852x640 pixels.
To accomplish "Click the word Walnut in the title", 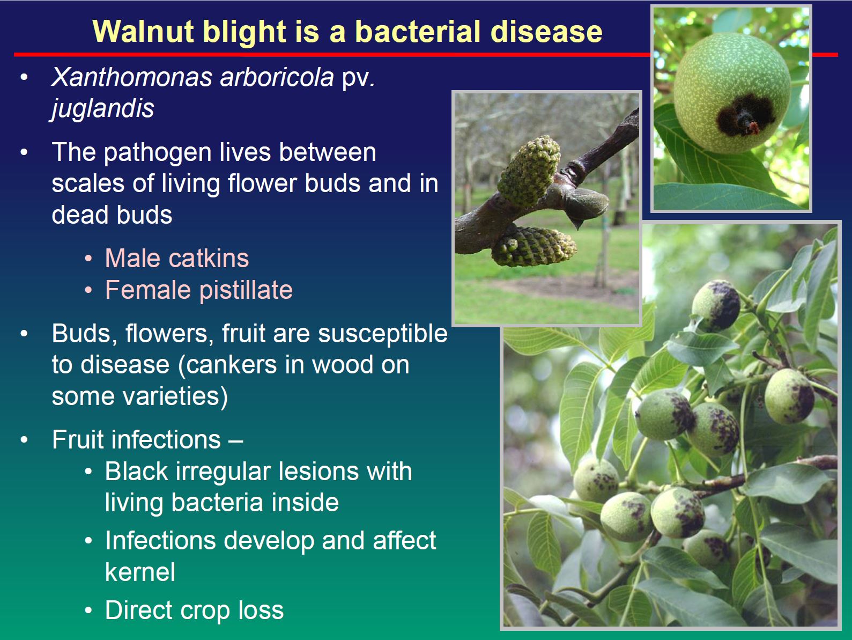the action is click(x=143, y=32).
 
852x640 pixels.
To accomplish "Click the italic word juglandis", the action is click(x=102, y=108).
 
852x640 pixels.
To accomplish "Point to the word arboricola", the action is click(x=277, y=77).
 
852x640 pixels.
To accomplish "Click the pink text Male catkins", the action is click(x=177, y=258).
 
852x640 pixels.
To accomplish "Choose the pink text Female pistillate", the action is click(x=199, y=290).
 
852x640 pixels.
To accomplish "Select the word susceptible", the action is click(x=383, y=334).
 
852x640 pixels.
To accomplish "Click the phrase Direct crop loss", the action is click(x=194, y=610).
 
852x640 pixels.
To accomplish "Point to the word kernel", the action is click(x=140, y=572).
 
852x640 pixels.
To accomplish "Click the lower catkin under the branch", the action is click(x=534, y=247).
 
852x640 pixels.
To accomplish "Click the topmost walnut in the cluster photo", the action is click(x=716, y=306).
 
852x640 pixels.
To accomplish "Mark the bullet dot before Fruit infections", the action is click(x=24, y=439).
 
